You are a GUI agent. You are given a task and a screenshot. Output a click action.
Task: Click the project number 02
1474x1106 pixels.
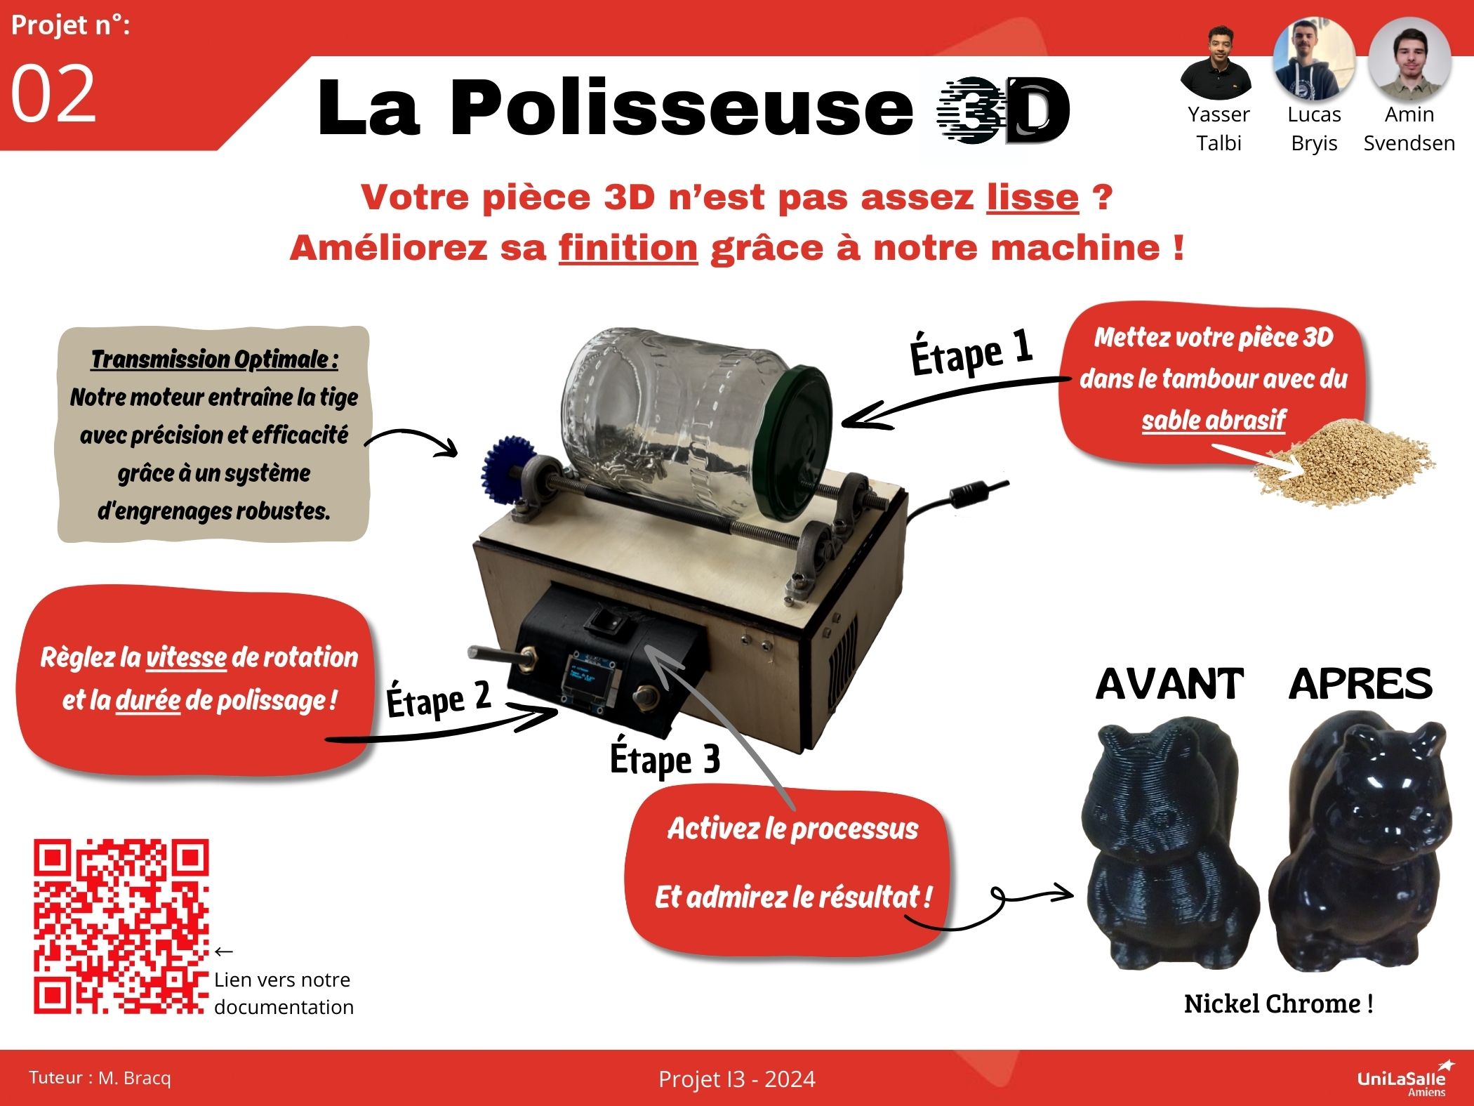coord(53,94)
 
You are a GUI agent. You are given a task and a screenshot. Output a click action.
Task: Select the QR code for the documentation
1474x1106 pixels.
coord(121,926)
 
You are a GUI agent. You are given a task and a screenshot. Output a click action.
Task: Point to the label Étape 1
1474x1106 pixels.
coord(971,352)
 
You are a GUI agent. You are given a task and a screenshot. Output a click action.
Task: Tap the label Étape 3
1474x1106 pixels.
coord(665,759)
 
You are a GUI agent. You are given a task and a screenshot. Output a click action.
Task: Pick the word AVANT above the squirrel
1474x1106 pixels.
coord(1169,684)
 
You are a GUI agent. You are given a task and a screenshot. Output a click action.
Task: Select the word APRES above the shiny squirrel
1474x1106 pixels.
coord(1360,684)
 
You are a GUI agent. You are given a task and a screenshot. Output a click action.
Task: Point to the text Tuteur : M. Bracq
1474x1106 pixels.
coord(100,1078)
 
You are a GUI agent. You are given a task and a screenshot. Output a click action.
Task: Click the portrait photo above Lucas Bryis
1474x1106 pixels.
coord(1313,60)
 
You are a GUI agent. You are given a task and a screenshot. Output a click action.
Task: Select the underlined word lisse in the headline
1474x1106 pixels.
coord(1032,198)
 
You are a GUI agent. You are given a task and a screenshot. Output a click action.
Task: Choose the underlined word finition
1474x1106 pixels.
coord(628,249)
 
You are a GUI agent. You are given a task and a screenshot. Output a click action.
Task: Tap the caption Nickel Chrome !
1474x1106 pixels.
coord(1278,1004)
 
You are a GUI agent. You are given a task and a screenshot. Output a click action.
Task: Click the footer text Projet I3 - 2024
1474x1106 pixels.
coord(736,1079)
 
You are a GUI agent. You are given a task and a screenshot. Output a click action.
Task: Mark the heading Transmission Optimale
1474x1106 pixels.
coord(214,360)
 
